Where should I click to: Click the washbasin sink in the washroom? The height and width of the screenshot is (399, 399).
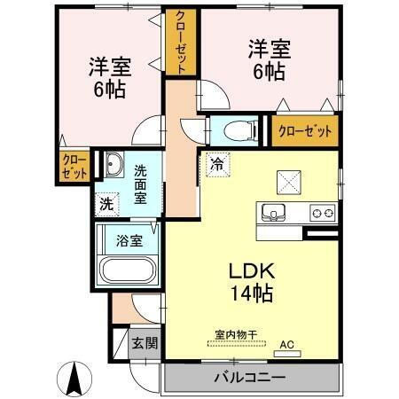coord(114,165)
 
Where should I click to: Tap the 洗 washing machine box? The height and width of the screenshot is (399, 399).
coord(107,202)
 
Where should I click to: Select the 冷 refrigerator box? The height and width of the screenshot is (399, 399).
coord(215,163)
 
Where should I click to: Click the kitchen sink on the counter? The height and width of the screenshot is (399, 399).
coord(273,213)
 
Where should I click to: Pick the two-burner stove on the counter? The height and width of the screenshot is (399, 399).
coord(321,213)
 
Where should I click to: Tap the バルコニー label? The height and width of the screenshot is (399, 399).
coord(249,378)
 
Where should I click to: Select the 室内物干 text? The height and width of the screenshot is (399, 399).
coord(236,334)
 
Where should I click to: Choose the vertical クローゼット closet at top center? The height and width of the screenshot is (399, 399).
coord(181,43)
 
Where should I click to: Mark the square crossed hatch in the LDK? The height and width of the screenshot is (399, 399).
coord(289,183)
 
